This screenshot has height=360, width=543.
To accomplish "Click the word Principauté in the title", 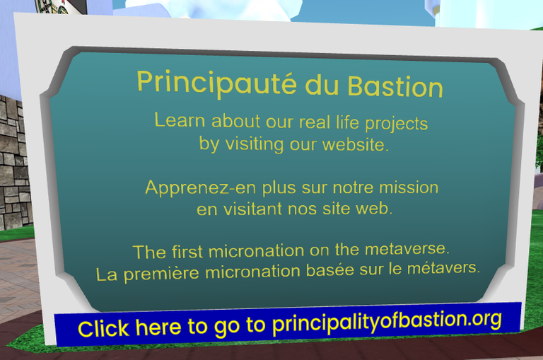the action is [217, 83].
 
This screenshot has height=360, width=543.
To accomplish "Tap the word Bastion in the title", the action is [395, 86].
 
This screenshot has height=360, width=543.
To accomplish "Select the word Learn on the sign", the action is [180, 120].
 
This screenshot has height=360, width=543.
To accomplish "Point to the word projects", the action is [397, 124].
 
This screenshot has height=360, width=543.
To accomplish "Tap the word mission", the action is [409, 187].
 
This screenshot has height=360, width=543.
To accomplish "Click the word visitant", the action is [252, 209].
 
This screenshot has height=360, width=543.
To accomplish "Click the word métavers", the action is [443, 268].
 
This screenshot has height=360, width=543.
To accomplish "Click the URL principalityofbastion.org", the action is [387, 322].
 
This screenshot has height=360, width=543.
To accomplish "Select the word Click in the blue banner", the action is [103, 328].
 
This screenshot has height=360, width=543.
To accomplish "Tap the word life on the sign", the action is [347, 122].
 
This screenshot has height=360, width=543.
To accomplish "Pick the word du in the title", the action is [322, 85].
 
